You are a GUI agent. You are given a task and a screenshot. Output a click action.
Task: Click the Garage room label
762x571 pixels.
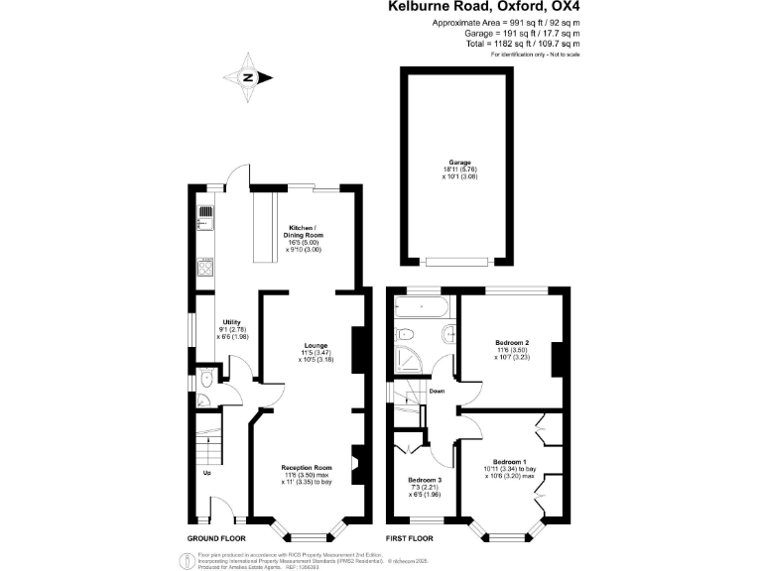458,161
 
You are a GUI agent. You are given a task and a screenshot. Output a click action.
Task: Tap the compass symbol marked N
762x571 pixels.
249,77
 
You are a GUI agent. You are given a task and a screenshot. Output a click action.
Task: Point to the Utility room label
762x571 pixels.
231,323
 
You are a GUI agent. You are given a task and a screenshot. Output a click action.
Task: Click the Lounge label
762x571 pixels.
316,346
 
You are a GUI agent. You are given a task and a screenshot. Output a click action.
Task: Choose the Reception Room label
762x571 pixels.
306,467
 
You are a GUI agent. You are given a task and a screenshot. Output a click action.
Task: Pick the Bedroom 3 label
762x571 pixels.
425,480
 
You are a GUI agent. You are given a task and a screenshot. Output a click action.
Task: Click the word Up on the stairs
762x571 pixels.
207,473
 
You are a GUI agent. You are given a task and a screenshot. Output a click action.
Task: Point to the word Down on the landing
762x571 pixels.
437,391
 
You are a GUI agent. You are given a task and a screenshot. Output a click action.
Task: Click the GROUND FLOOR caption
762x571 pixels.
216,538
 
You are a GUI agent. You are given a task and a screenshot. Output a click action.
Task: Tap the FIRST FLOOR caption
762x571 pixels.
410,538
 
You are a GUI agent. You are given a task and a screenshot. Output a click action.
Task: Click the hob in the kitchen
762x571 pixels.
205,269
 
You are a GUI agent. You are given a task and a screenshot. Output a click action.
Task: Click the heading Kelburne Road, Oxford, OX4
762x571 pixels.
483,8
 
